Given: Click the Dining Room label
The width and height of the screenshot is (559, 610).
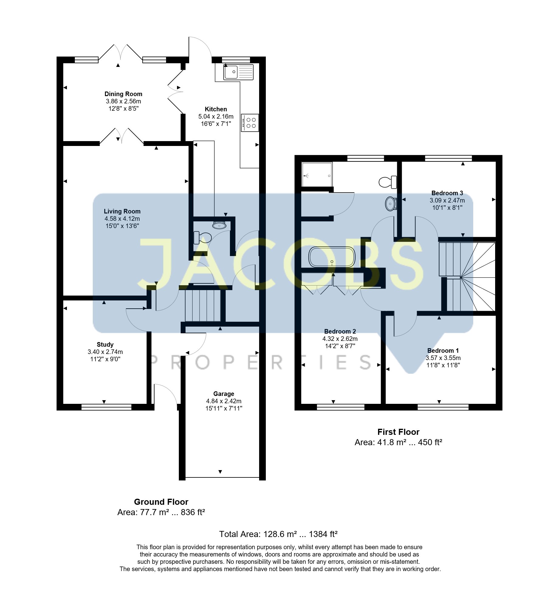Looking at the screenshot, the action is coord(123,94).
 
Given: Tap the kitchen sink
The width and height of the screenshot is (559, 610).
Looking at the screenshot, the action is coord(238,72).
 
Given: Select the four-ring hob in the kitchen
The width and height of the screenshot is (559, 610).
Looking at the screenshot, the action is coord(250,123).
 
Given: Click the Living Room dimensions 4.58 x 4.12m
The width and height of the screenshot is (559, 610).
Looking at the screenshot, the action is coord(122,219).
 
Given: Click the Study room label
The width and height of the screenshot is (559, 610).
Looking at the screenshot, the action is coord(105,345).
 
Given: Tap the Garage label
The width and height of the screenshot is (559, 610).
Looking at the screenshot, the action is coord(224,394).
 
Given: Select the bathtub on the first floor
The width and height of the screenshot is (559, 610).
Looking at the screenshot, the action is coord(332,257).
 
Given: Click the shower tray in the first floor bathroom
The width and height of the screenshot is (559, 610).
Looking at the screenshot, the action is coord(317,175).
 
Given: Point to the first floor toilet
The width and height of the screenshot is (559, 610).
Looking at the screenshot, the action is coord(388,182).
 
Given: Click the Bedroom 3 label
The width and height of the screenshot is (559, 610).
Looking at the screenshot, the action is coord(447,193).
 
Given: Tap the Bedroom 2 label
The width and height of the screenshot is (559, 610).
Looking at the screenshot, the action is coord(340,331).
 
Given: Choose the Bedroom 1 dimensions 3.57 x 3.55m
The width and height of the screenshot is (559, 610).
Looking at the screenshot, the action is coord(443,358).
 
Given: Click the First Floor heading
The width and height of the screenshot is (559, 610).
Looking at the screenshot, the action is coord(398,432).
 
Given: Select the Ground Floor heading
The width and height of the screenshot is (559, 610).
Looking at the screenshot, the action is coord(161,502).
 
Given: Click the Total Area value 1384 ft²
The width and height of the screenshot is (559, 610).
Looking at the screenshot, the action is coord(323,534).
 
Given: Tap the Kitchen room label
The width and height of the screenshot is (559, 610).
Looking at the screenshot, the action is coord(216,109).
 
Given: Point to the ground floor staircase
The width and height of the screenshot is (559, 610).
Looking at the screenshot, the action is coord(203,305).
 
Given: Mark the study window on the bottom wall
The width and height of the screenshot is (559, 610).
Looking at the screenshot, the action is coord(106,407).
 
